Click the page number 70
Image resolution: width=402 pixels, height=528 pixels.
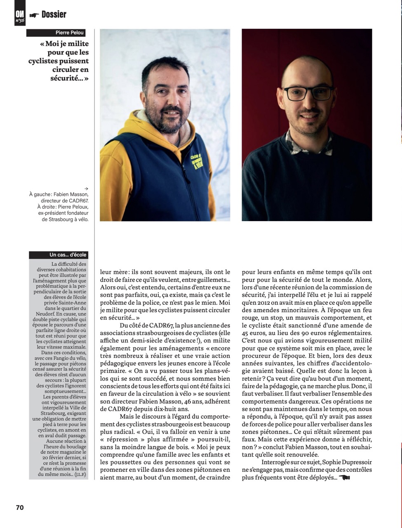(x=20, y=508)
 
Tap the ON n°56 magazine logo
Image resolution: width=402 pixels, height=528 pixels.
(x=20, y=15)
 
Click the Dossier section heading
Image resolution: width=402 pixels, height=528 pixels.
(x=54, y=14)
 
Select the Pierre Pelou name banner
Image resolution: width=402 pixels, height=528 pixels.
(x=70, y=33)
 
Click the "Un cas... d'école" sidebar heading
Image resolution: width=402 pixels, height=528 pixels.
(x=68, y=255)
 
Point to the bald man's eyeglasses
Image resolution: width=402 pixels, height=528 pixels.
(x=307, y=93)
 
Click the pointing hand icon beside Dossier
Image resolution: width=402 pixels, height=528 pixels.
(x=34, y=15)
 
